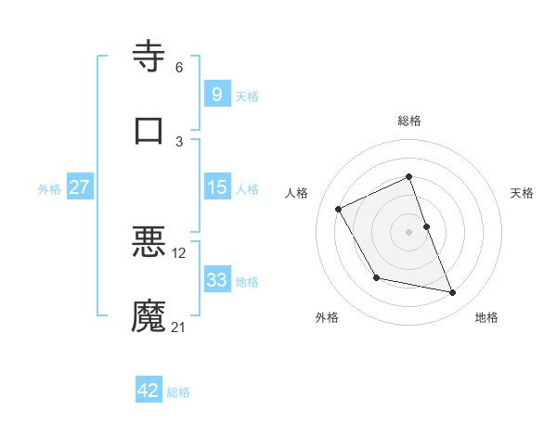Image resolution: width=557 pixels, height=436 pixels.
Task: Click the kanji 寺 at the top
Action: point(149,57)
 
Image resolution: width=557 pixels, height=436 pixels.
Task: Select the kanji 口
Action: point(149,130)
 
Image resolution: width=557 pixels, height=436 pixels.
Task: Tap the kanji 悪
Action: point(149,241)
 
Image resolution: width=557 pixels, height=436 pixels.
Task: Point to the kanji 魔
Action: point(149,315)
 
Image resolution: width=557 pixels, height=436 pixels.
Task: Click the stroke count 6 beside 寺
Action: point(179,67)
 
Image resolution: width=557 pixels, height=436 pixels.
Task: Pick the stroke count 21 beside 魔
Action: point(179,327)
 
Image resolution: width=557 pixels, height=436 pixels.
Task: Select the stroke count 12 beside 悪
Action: point(179,252)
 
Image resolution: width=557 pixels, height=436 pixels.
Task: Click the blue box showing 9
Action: point(216,95)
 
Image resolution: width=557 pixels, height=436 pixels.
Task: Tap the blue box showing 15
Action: point(216,187)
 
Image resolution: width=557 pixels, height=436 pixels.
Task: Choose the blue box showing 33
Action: point(216,280)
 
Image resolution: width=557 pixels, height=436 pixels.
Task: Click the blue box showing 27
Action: point(79,187)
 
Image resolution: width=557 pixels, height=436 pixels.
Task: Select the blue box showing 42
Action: point(149,391)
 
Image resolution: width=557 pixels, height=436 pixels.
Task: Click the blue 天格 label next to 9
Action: point(247,96)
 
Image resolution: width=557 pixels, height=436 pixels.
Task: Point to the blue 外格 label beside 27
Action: point(49,189)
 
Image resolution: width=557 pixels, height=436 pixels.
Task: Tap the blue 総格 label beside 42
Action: point(178,392)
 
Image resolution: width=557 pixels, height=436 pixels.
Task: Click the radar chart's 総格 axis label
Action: point(409,121)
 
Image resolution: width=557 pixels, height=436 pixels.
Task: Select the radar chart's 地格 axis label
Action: point(486,318)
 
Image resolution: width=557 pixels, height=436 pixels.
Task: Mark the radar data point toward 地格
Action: point(453,293)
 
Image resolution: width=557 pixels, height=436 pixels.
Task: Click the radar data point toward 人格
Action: point(339,209)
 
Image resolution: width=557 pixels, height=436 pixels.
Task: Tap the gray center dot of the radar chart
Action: point(409,231)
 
